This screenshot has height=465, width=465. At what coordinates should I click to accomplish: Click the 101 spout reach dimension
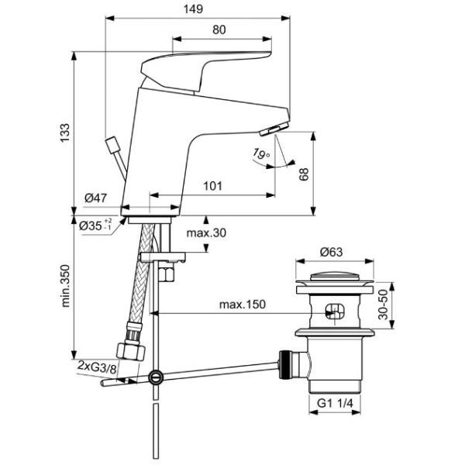pos(214,186)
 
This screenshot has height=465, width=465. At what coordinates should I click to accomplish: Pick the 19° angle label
pos(260,155)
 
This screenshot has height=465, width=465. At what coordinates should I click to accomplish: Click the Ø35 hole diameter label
pos(96,226)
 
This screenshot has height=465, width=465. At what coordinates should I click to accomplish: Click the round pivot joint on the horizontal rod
pos(157,379)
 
